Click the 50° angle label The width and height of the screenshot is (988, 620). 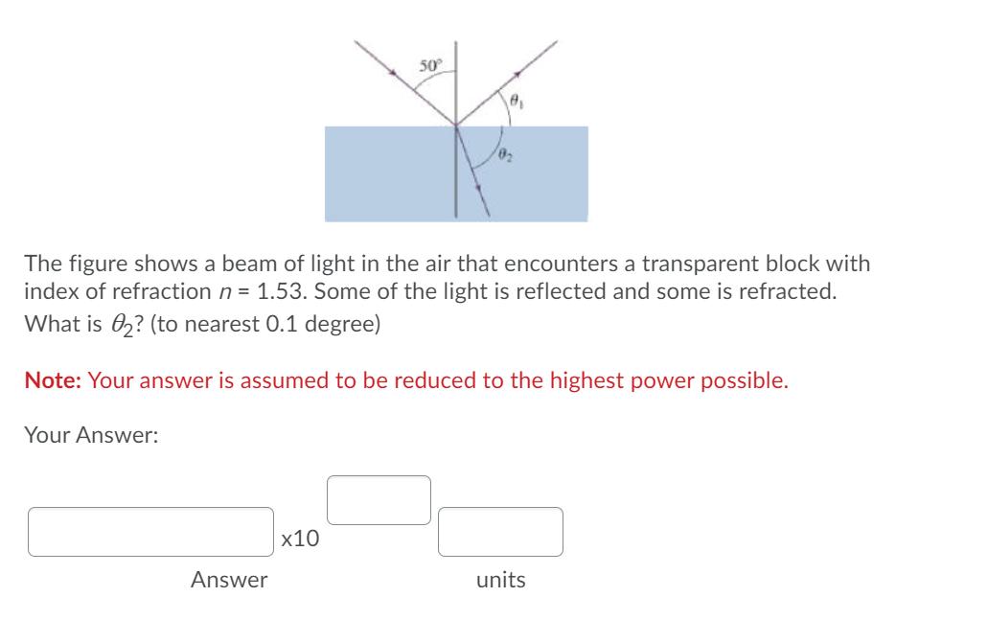click(430, 65)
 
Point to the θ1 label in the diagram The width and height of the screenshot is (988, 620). click(515, 99)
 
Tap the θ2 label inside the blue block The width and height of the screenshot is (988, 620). click(505, 155)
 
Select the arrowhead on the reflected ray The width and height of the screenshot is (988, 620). click(517, 74)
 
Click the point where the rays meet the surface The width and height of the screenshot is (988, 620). click(455, 125)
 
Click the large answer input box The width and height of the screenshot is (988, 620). click(150, 532)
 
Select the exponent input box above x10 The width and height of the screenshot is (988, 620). click(379, 500)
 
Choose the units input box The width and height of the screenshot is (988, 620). click(500, 532)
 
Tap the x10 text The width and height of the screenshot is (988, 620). click(301, 539)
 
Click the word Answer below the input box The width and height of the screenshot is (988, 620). click(229, 580)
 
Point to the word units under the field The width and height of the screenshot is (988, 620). click(500, 580)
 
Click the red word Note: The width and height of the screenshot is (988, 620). click(54, 380)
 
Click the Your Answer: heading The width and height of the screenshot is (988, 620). click(91, 435)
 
